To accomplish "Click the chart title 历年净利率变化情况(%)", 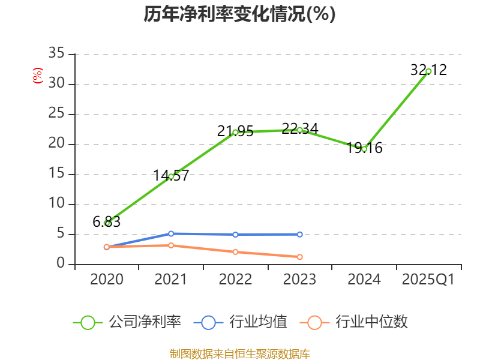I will (x=239, y=14).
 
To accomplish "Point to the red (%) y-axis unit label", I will (x=37, y=76).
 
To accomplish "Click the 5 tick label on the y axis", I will (x=60, y=234).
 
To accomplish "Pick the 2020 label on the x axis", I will (x=107, y=280).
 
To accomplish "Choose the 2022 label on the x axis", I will (x=235, y=280).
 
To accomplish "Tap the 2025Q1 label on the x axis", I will (x=428, y=280).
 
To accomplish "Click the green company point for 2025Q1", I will (x=428, y=71).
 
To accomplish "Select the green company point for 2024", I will (x=364, y=148).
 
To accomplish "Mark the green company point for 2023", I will (x=299, y=130).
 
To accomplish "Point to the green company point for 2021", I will (x=171, y=176).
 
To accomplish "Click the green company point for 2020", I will (x=107, y=223).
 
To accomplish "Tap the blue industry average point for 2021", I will (x=171, y=233).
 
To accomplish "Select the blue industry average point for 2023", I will (x=299, y=234).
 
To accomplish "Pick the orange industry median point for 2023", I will (x=299, y=257).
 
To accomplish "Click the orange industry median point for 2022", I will (x=235, y=251).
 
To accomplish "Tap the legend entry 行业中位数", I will (x=358, y=322).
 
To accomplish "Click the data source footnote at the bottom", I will (x=239, y=353).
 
